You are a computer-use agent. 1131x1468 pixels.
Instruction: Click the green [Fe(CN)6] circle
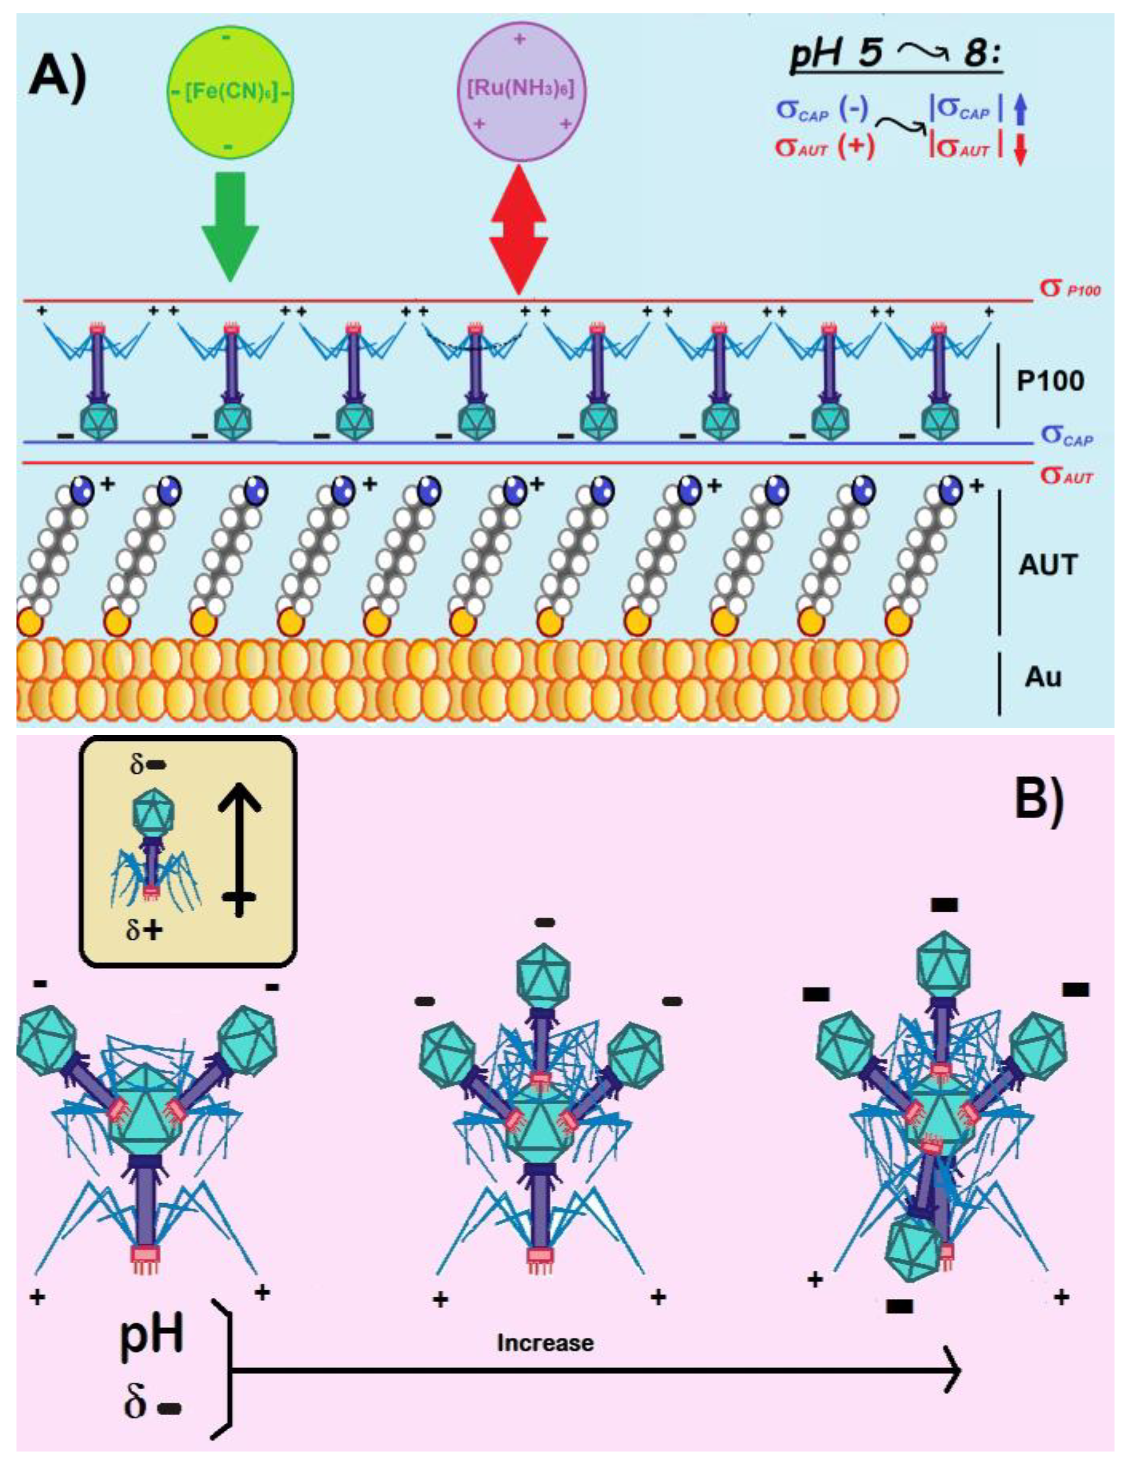[x=229, y=91]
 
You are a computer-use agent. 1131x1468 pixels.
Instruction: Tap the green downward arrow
[x=229, y=225]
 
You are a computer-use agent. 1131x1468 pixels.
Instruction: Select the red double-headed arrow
[x=517, y=229]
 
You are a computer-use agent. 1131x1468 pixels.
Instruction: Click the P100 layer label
[x=1050, y=381]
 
